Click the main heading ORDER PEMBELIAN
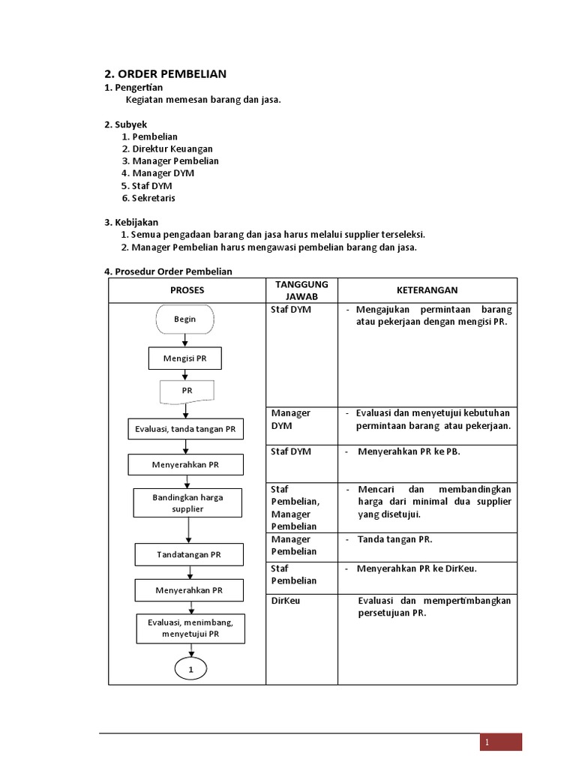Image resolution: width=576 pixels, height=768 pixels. [164, 73]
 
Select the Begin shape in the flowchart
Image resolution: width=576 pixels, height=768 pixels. [184, 319]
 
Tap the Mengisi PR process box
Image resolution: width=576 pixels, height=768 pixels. [184, 358]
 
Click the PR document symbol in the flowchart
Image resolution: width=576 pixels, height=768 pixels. [187, 391]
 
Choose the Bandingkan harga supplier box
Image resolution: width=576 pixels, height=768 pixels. [187, 502]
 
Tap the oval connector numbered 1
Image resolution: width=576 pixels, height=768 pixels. [190, 668]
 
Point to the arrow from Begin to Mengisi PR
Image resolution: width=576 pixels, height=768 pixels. [185, 340]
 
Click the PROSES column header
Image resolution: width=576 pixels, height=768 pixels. [187, 290]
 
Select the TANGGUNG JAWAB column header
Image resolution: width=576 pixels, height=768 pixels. [301, 290]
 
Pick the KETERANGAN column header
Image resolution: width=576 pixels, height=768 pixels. [427, 290]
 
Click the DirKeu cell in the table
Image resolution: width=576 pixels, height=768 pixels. [285, 601]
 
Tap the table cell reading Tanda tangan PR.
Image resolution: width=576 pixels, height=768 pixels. [394, 539]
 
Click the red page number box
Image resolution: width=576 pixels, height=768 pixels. [501, 742]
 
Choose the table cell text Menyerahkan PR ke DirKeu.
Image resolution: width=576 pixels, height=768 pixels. [416, 568]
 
